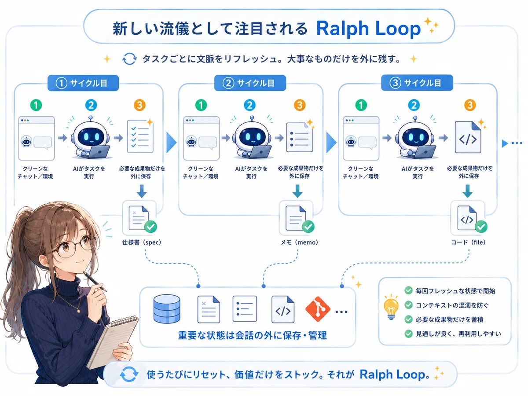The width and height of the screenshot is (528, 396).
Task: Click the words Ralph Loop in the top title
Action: click(x=368, y=29)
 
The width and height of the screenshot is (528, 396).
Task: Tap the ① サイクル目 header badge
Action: click(x=83, y=83)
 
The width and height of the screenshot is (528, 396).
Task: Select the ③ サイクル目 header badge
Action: click(x=417, y=83)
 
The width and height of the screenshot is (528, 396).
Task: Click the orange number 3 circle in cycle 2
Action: click(x=300, y=105)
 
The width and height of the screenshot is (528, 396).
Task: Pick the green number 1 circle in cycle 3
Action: click(x=361, y=105)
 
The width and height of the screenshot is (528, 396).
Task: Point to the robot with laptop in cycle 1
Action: click(x=91, y=138)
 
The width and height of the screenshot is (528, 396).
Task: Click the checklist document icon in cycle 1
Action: click(x=140, y=136)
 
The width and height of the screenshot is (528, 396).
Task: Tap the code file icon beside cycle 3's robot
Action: click(x=468, y=137)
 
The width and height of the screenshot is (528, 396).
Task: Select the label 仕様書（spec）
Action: click(x=141, y=242)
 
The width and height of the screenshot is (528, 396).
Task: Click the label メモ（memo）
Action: click(x=300, y=242)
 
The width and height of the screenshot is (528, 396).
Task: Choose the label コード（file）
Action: click(x=468, y=242)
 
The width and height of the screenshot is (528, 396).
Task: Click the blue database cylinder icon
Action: click(x=167, y=308)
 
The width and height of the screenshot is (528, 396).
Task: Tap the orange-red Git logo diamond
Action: click(x=318, y=309)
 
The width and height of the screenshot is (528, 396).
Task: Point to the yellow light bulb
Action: click(x=391, y=307)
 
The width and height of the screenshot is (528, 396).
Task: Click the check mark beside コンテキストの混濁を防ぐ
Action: click(x=408, y=305)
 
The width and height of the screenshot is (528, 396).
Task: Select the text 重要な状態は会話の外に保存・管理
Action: click(x=252, y=335)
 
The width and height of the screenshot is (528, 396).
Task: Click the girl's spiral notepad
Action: click(x=113, y=342)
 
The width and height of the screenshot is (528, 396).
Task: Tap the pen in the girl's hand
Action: click(x=95, y=281)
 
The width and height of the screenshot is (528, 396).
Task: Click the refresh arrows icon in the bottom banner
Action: click(x=129, y=374)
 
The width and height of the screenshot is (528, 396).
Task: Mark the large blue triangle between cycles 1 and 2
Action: click(x=171, y=142)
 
